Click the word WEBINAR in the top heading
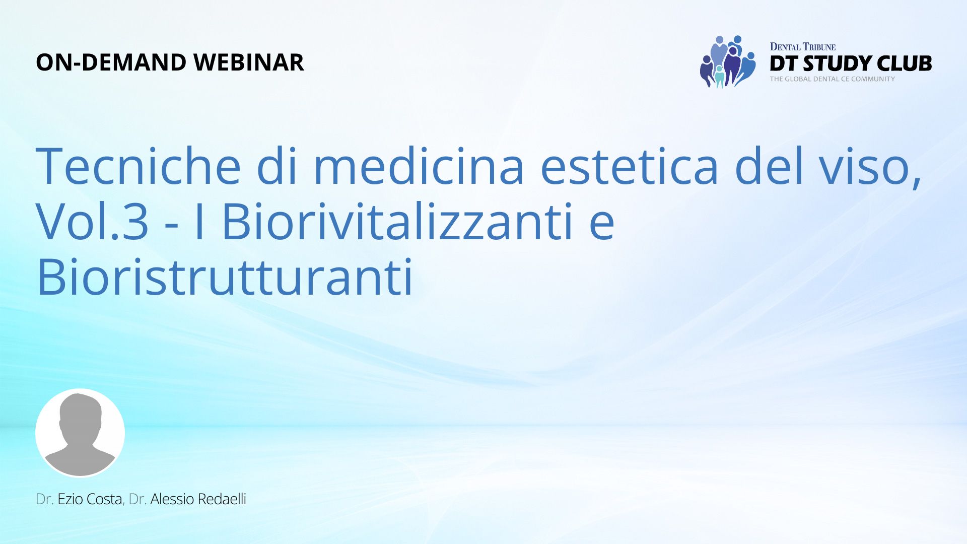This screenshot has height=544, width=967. pos(249,62)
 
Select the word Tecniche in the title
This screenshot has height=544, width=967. pos(139,166)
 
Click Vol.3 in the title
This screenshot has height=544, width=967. pos(92,222)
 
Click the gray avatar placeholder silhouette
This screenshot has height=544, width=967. pos(80,433)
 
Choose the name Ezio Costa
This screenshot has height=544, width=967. pos(90,499)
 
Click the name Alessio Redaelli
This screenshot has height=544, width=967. pos(198,499)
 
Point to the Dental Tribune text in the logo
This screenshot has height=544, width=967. pos(803,47)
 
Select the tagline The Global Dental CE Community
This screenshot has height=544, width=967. pos(832,79)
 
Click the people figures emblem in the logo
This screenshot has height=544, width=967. pos(727,61)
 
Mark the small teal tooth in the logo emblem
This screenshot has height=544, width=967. pos(719,77)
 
